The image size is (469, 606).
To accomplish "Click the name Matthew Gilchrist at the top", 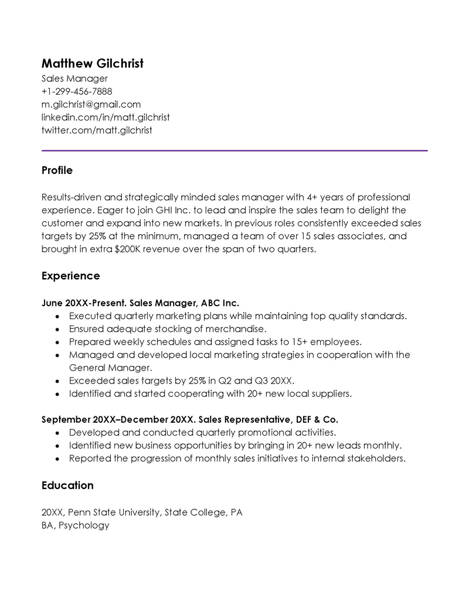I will tap(92, 63).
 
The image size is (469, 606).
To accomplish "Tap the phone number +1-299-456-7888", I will tap(77, 91).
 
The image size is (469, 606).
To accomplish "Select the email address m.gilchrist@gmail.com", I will tap(91, 104).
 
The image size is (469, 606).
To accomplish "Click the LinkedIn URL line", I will tap(106, 117).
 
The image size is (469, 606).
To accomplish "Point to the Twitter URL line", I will tap(97, 130).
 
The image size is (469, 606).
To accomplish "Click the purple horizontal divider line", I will tap(235, 150).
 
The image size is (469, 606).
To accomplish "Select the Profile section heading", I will tap(57, 170).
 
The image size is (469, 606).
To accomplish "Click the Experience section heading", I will tap(70, 275).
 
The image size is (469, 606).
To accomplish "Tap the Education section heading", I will tap(67, 485).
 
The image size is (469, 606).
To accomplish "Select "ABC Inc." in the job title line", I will tap(220, 303).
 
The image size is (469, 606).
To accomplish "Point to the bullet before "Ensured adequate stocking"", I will tap(56, 329).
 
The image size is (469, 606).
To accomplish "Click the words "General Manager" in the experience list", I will tap(102, 368).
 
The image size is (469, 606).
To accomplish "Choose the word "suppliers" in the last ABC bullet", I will tap(329, 393).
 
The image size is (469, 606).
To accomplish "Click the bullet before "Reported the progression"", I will tap(56, 459).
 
